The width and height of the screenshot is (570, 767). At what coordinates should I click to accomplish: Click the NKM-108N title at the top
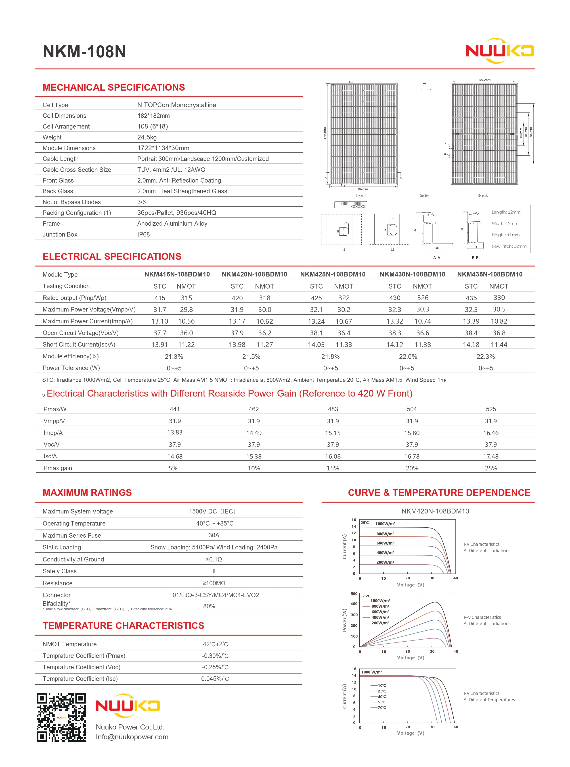(84, 52)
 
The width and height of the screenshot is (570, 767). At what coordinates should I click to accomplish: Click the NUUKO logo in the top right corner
(500, 51)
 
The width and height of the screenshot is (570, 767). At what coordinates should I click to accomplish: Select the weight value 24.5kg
(147, 137)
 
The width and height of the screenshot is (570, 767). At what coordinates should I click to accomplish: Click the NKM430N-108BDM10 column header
(412, 274)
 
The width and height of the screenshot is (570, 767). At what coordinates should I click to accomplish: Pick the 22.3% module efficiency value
(486, 356)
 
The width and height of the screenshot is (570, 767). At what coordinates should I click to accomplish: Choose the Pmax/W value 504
(412, 409)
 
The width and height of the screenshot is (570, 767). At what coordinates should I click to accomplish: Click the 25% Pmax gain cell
(491, 468)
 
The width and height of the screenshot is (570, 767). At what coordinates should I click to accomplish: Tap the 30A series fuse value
(214, 535)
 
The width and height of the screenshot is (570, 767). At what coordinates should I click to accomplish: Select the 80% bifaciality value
(209, 606)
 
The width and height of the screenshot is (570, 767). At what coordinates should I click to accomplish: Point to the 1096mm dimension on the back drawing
(484, 80)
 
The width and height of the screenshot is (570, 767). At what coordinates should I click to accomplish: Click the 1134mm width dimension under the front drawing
(362, 189)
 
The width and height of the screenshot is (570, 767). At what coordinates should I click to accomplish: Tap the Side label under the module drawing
(424, 195)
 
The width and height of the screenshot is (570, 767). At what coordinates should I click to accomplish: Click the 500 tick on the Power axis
(354, 594)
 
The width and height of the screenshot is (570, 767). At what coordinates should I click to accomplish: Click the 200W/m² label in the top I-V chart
(385, 562)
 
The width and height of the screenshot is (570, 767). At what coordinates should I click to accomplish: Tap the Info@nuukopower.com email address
(132, 737)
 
